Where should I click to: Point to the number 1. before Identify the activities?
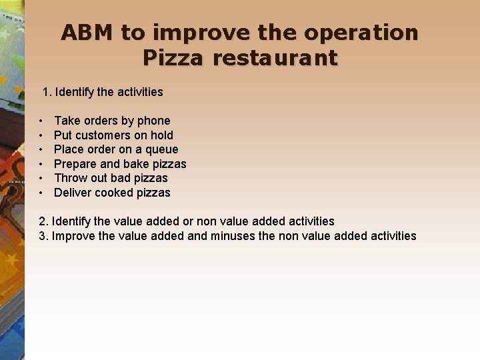pyautogui.click(x=47, y=92)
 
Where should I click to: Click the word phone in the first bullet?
pyautogui.click(x=153, y=121)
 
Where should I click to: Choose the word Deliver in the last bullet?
pyautogui.click(x=73, y=193)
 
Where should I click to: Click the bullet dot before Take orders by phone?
pyautogui.click(x=41, y=121)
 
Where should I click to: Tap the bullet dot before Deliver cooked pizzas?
pyautogui.click(x=41, y=193)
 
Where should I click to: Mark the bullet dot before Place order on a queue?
pyautogui.click(x=41, y=150)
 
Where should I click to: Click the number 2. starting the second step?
pyautogui.click(x=43, y=221)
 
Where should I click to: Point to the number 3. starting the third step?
pyautogui.click(x=43, y=236)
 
